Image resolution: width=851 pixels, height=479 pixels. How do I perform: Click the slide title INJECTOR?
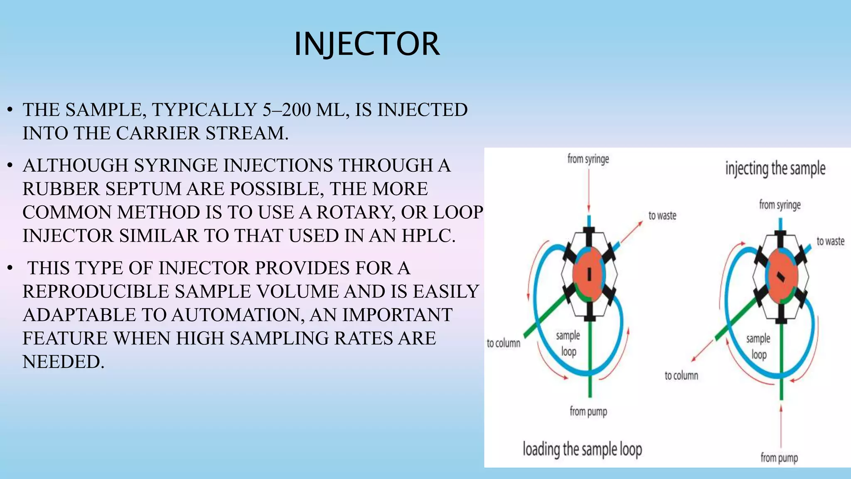(x=366, y=44)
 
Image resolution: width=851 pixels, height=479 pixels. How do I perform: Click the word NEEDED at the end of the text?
(x=62, y=362)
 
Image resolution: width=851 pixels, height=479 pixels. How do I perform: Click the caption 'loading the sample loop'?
(x=582, y=449)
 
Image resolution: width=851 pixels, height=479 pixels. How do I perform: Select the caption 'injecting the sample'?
(x=775, y=169)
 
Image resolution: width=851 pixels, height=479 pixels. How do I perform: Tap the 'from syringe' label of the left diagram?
(x=588, y=159)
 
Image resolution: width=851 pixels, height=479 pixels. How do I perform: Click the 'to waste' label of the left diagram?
(x=662, y=216)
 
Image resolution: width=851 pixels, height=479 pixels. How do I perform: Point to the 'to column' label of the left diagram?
(x=503, y=343)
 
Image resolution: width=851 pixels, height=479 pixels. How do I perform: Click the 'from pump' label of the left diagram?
(x=588, y=412)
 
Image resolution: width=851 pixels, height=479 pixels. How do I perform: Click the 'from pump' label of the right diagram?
(x=779, y=458)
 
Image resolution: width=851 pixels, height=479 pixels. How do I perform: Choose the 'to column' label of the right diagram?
(x=681, y=376)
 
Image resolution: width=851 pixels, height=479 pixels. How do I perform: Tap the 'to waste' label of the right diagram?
(x=830, y=242)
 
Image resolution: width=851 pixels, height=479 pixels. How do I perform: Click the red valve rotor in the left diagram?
(x=589, y=274)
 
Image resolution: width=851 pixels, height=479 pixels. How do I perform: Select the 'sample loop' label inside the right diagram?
(x=758, y=346)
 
